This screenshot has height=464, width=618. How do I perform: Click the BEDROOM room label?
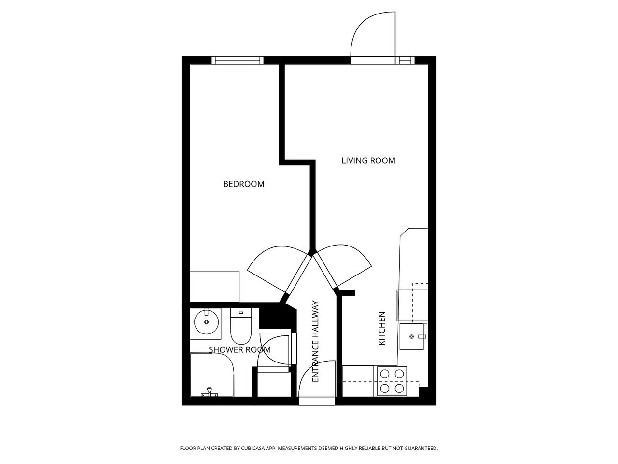pos(243,184)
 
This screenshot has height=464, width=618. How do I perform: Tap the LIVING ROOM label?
pos(368,160)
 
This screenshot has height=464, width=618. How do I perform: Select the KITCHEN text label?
pos(382,328)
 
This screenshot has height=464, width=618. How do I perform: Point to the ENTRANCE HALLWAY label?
pos(315,341)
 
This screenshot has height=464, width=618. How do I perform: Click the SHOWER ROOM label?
pos(239,349)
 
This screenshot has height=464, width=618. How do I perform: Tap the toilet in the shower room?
pos(241,326)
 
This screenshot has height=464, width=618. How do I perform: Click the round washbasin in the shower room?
pos(206,322)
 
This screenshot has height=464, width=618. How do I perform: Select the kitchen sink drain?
pos(412,336)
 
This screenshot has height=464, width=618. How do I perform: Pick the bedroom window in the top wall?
pos(238,60)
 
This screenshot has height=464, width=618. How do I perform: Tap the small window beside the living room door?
pos(405,60)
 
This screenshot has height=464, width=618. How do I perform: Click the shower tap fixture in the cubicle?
pos(209,392)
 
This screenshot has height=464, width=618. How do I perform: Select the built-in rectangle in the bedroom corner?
pos(214,287)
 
